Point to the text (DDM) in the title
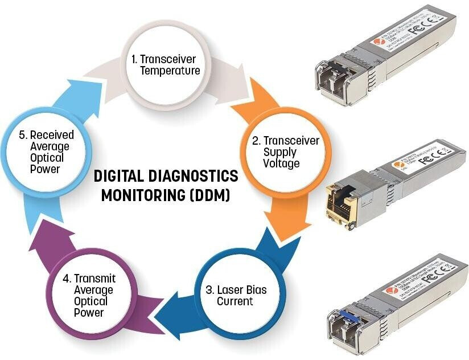coord(208,195)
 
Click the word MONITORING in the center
coord(141,195)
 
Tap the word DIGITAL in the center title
coord(116,175)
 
